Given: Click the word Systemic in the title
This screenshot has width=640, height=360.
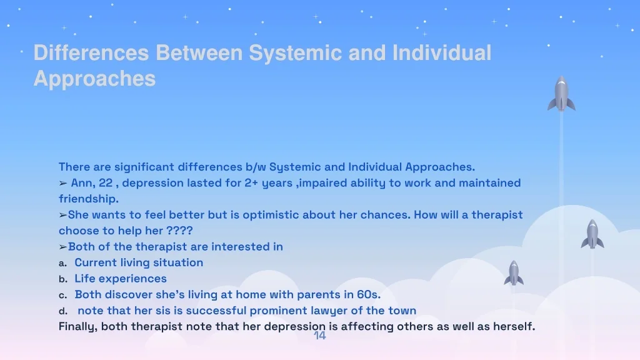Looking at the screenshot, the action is point(295,54).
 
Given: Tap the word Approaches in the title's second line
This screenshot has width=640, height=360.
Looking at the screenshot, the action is point(95,79).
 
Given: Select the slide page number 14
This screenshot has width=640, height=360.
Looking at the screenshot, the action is point(319,336).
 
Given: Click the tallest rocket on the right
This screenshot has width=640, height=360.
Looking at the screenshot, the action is point(561,94).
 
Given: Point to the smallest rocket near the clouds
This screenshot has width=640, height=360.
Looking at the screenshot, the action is point(514,273).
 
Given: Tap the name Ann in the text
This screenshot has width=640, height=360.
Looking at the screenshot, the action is point(81,183).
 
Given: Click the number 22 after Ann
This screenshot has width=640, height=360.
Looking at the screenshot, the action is point(105,183).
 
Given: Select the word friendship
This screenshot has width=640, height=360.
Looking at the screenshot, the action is point(89,199).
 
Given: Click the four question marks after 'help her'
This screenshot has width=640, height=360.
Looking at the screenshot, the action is point(179,231).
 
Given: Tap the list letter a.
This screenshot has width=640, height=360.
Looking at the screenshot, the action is point(62,263).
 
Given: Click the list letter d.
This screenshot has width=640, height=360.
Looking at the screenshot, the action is point(63,311).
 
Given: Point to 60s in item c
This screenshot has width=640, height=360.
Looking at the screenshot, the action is point(369,294).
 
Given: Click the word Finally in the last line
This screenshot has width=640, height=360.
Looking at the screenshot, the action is point(78,326).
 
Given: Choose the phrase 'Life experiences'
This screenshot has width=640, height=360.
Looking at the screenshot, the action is point(121,278).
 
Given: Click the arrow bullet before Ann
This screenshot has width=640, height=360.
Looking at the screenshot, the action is point(63,183).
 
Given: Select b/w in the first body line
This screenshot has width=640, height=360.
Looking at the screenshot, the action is point(256,167).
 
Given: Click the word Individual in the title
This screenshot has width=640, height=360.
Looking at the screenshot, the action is point(442,53).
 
